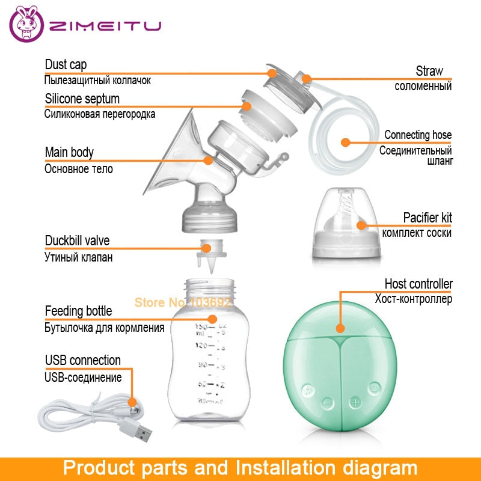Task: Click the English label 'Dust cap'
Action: pyautogui.click(x=66, y=65)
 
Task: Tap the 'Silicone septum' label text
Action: pyautogui.click(x=82, y=99)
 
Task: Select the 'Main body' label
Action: pyautogui.click(x=69, y=152)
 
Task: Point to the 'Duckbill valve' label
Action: pyautogui.click(x=78, y=241)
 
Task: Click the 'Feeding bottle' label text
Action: pyautogui.click(x=78, y=311)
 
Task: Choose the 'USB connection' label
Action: pyautogui.click(x=83, y=360)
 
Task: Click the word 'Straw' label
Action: pyautogui.click(x=429, y=71)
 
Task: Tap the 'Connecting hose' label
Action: pyautogui.click(x=418, y=135)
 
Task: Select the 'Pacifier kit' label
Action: pyautogui.click(x=427, y=218)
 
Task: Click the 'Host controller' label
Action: pyautogui.click(x=418, y=283)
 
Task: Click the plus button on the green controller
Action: pyautogui.click(x=355, y=401)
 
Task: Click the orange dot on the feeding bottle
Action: pyautogui.click(x=211, y=319)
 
